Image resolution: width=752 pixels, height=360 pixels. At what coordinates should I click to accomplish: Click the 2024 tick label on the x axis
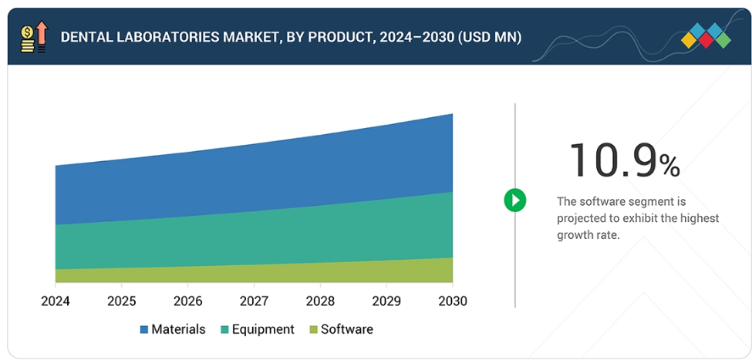pos(56,301)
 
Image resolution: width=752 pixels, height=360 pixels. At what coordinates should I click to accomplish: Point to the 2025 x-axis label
pos(122,301)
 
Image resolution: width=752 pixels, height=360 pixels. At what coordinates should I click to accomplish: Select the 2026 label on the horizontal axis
pos(188,301)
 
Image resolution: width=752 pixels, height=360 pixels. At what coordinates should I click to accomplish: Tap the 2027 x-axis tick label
pos(255,301)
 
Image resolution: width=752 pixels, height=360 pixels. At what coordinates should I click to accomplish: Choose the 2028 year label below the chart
pos(320,301)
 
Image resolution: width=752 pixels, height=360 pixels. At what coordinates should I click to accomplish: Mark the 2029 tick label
pos(386,301)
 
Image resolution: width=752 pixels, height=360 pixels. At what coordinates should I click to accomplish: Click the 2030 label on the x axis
pos(452,301)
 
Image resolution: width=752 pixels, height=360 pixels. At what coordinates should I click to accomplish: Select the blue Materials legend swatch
pos(144,330)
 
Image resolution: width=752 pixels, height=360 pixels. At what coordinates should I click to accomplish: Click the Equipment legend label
pos(263,329)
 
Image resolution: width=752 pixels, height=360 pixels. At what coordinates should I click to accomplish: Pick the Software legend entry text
pos(346,329)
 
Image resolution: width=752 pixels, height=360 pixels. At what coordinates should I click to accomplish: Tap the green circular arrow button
pos(514,200)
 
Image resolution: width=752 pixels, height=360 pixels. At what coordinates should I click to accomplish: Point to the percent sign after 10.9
pos(669,165)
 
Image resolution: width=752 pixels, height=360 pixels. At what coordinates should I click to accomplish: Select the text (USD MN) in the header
pos(483,36)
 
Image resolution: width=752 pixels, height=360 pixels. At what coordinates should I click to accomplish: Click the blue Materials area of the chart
pos(255,177)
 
